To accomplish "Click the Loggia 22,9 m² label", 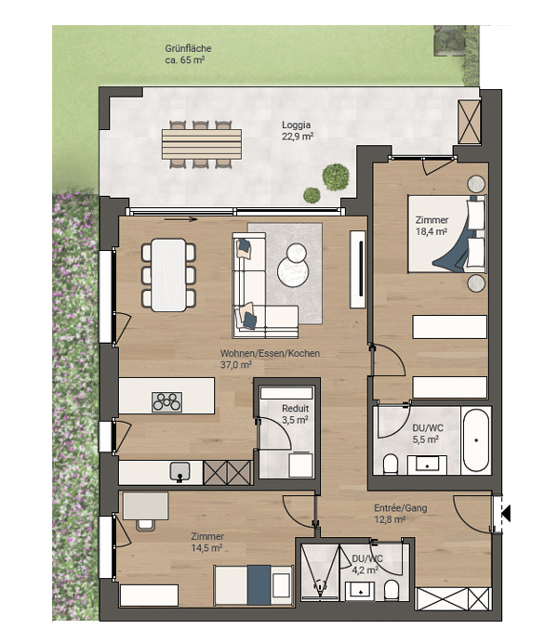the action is (x=297, y=131).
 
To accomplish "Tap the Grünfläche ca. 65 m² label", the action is (x=188, y=54).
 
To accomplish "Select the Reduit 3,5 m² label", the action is (x=295, y=414).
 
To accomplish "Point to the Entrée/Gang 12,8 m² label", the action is (x=400, y=514).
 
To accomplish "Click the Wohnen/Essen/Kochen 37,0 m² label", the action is (x=270, y=359).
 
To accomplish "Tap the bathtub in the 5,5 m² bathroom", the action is (x=475, y=440).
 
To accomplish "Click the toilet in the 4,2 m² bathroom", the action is (x=392, y=591).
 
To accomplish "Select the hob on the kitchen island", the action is (x=166, y=401).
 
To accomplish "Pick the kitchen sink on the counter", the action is (x=179, y=472).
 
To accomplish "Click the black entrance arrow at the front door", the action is (x=506, y=514).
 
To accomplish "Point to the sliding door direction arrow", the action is (x=180, y=220).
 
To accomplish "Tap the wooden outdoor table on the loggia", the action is (x=202, y=144).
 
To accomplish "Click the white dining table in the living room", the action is (x=168, y=275).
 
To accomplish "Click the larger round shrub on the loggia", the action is (x=336, y=177).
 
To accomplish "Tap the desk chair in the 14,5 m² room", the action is (x=146, y=525).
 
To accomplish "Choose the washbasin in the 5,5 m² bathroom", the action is (x=427, y=465).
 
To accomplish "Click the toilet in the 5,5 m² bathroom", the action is (x=391, y=464).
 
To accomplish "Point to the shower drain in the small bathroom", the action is (x=319, y=587).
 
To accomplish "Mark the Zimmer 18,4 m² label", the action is (x=432, y=226).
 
